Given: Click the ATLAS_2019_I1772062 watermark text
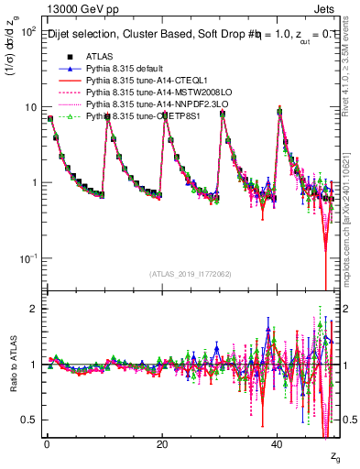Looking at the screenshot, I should pos(191,274).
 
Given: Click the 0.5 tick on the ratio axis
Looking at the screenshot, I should pos(31,420).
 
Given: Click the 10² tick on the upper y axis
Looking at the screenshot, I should pos(30,32).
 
